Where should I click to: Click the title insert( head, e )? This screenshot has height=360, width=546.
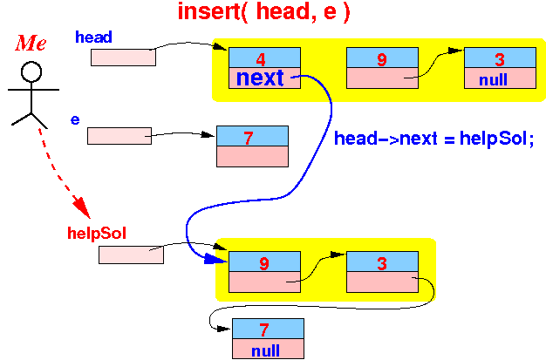click(x=263, y=12)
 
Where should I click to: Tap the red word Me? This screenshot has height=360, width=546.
click(x=31, y=44)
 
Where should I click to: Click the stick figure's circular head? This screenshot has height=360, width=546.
click(x=31, y=71)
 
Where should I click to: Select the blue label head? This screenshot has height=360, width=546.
click(x=93, y=37)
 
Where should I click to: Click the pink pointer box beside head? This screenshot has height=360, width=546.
click(x=123, y=58)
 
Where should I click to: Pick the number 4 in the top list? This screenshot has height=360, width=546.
click(x=261, y=59)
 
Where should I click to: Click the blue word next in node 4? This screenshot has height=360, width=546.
click(x=260, y=78)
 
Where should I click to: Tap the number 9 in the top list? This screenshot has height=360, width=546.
click(x=382, y=59)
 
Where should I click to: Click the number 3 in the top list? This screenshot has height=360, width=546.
click(x=500, y=59)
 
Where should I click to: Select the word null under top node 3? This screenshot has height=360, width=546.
click(x=493, y=80)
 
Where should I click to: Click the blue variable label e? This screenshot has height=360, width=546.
click(x=75, y=119)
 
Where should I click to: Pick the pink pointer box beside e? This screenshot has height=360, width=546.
click(x=119, y=136)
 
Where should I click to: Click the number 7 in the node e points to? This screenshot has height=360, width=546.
click(x=249, y=139)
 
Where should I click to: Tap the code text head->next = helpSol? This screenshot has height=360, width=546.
click(x=433, y=139)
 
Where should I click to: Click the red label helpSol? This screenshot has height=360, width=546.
click(x=97, y=233)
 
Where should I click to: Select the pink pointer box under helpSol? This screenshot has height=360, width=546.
click(x=131, y=255)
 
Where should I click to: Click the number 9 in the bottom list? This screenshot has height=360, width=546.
click(x=264, y=263)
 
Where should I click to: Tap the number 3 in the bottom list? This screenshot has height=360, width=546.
click(x=382, y=263)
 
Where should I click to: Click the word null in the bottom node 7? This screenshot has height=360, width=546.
click(x=265, y=351)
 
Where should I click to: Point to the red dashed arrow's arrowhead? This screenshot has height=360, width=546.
click(x=82, y=207)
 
